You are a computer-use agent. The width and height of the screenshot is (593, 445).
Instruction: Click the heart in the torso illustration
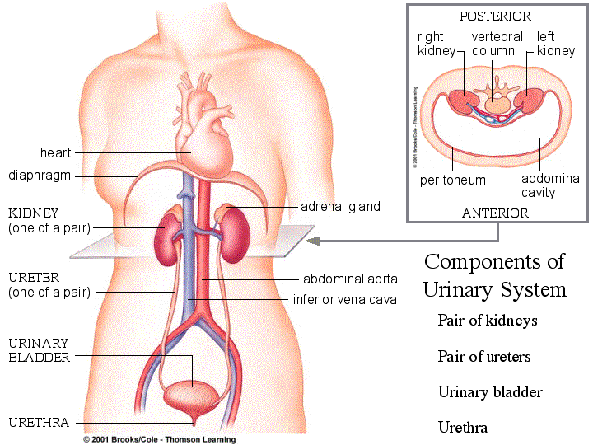coord(197,124)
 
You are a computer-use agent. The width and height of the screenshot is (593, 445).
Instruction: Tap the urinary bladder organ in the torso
coord(193,394)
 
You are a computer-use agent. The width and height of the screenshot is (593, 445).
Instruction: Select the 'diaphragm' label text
coord(40,176)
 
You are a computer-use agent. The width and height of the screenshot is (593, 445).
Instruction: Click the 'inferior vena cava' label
coord(345,299)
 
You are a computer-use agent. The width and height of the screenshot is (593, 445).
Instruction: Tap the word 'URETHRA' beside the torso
coord(39,423)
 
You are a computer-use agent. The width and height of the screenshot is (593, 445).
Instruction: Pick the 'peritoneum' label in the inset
coord(452,180)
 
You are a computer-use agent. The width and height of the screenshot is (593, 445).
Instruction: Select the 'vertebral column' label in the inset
coord(496,44)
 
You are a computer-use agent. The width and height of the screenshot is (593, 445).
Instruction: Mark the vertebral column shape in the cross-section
coord(497,101)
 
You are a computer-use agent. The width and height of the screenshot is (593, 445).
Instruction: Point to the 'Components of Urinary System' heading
coord(494,275)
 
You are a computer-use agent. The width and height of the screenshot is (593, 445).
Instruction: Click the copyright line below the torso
coord(159,439)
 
